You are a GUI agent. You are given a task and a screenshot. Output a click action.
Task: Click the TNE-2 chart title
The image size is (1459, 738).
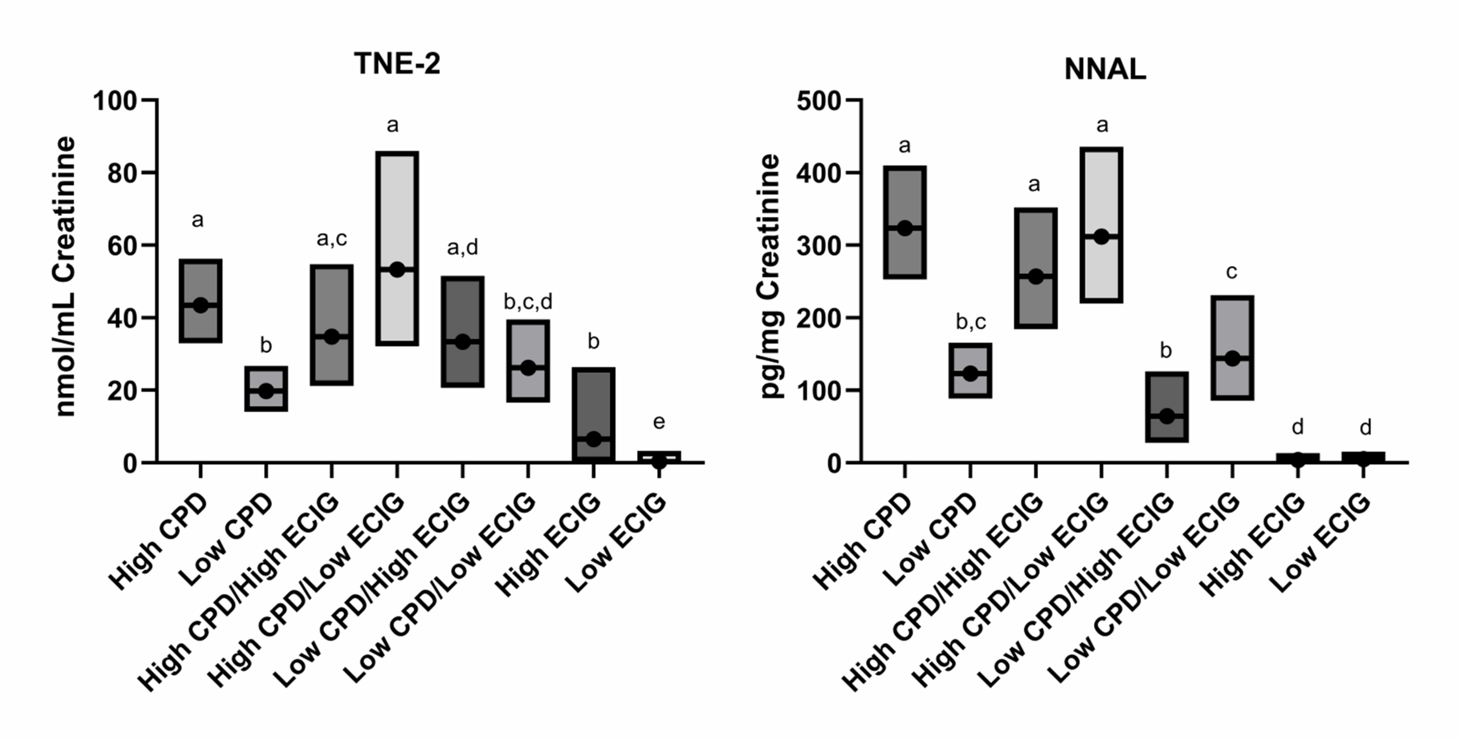tap(397, 63)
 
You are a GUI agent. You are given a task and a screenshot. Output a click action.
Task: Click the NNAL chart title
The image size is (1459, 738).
tap(1105, 70)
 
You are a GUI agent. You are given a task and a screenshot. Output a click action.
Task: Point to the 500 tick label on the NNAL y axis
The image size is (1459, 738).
tap(818, 102)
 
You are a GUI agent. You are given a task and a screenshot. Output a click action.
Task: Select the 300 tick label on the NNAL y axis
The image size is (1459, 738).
tap(818, 246)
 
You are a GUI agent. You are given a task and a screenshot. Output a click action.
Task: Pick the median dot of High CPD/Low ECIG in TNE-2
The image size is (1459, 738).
tap(397, 270)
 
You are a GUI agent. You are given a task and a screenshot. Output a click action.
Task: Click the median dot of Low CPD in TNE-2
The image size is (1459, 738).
tap(266, 391)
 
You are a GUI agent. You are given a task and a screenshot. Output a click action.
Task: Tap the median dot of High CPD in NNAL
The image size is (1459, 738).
tap(904, 228)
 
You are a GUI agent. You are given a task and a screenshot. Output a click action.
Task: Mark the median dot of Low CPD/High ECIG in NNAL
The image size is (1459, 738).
tap(1167, 416)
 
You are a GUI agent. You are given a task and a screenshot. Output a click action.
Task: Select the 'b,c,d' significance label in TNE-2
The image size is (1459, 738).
tap(528, 302)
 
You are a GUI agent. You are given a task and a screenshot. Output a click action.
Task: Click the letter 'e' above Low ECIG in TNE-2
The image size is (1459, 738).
tap(659, 422)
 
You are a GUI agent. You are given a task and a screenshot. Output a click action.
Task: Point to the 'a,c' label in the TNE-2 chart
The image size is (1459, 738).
tap(331, 238)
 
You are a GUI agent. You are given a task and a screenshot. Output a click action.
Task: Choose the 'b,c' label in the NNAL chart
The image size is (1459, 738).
tap(971, 322)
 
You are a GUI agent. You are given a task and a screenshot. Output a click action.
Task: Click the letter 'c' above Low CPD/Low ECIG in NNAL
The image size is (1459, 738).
tap(1232, 272)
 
